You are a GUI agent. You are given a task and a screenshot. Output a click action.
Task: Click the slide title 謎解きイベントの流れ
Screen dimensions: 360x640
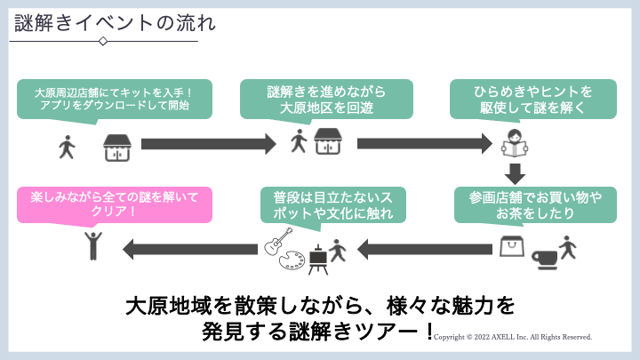[x=115, y=24]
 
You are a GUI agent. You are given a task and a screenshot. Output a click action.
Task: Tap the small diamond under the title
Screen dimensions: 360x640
[x=103, y=41]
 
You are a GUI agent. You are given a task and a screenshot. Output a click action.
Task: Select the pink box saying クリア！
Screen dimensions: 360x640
[x=115, y=204]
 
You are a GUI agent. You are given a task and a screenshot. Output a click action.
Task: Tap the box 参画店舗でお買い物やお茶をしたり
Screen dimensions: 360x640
[x=534, y=204]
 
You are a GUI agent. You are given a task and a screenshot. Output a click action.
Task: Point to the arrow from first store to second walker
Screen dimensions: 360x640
[x=209, y=142]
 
